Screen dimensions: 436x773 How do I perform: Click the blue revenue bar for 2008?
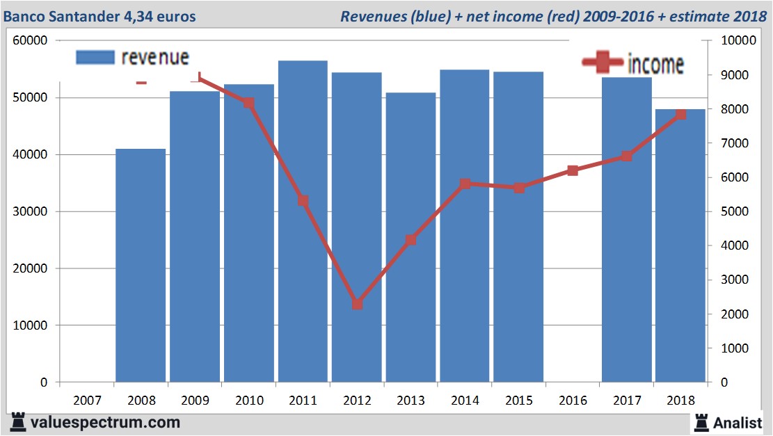tap(141, 265)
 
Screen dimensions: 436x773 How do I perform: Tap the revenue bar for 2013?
tap(411, 237)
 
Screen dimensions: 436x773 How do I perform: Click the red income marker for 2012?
tap(357, 304)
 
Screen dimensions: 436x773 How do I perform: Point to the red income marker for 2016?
tap(573, 170)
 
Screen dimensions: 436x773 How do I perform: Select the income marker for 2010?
tap(249, 103)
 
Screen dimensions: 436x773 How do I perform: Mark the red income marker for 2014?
tap(465, 184)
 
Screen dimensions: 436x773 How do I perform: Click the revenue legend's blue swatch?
tap(94, 58)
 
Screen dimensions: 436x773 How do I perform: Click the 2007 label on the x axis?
tap(87, 401)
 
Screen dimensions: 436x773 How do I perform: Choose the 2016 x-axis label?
tap(573, 401)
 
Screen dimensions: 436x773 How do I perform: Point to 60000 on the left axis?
tap(30, 41)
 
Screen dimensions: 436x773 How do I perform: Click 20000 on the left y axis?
tap(30, 268)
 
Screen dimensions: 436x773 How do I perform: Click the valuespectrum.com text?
tap(105, 422)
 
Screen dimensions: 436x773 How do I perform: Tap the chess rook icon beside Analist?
tap(701, 421)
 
